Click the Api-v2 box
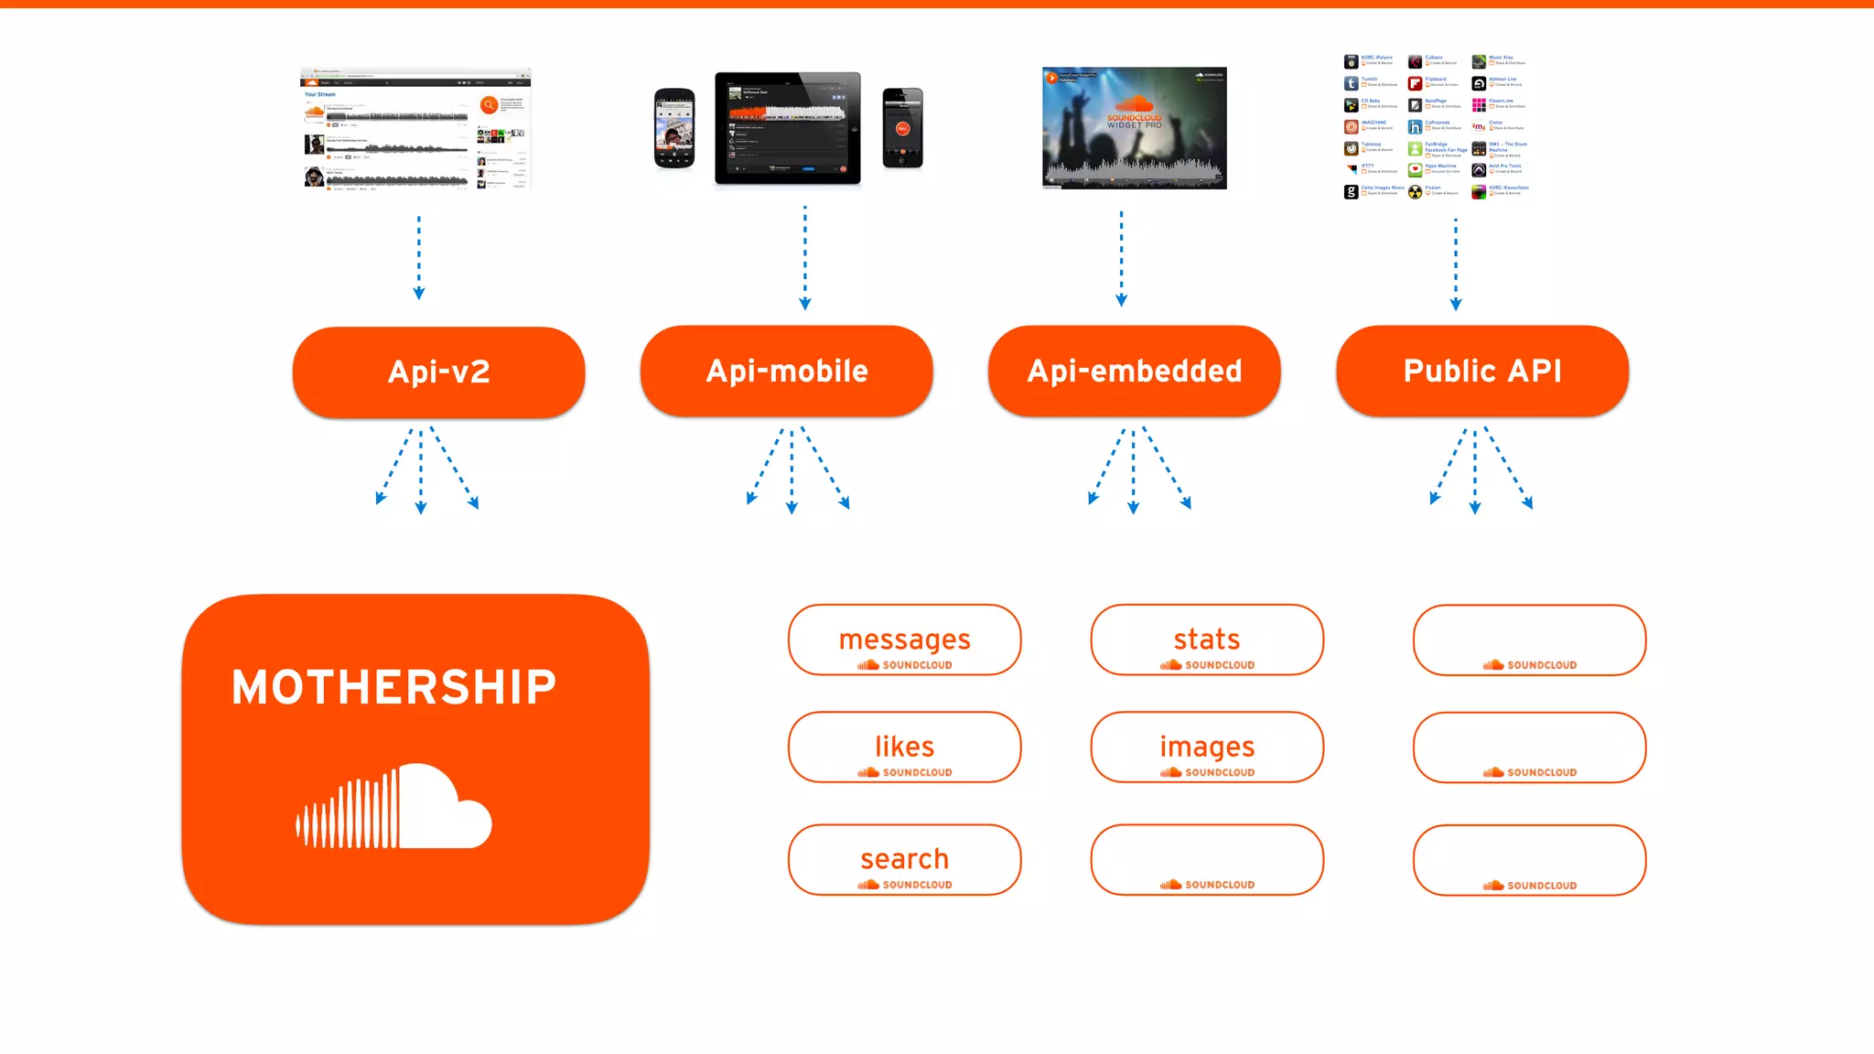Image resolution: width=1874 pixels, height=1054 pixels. [x=438, y=371]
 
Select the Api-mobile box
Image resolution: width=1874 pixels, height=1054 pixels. [x=786, y=371]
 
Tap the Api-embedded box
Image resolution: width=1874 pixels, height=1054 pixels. [x=1134, y=371]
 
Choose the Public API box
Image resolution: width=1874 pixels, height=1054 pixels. [x=1481, y=371]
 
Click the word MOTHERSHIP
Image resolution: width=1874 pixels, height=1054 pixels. [x=393, y=687]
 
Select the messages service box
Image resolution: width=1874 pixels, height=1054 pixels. [x=904, y=640]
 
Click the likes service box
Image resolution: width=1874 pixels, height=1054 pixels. [x=904, y=747]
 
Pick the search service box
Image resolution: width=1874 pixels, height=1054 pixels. [x=904, y=859]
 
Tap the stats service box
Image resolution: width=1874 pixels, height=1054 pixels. [x=1206, y=640]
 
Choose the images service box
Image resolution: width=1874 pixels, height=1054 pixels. [x=1206, y=747]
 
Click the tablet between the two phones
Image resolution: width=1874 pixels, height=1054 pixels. [x=787, y=128]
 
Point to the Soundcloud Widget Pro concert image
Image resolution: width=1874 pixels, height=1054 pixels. [x=1134, y=128]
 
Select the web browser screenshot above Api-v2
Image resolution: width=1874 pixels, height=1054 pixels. [x=415, y=128]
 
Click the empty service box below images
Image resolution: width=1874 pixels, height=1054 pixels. [x=1206, y=859]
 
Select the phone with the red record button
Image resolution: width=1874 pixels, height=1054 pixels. [x=902, y=128]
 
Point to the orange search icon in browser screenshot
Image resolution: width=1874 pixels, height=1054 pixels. [x=490, y=105]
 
